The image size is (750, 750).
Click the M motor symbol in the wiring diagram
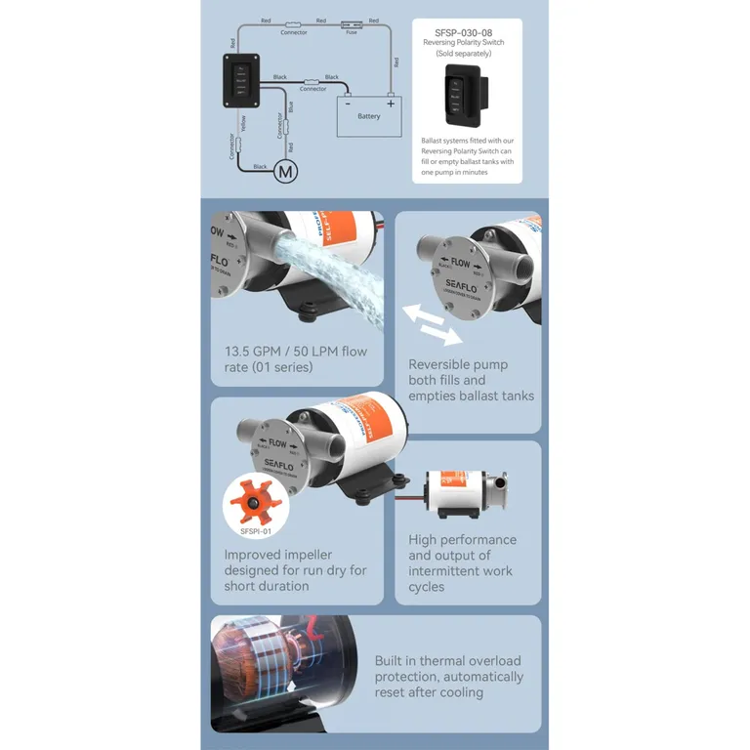(285, 172)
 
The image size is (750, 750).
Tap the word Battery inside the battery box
(368, 116)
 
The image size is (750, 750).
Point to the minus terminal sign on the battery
(347, 102)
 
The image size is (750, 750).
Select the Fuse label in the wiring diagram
(352, 32)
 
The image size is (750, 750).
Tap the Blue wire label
(291, 107)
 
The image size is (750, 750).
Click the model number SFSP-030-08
(463, 31)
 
